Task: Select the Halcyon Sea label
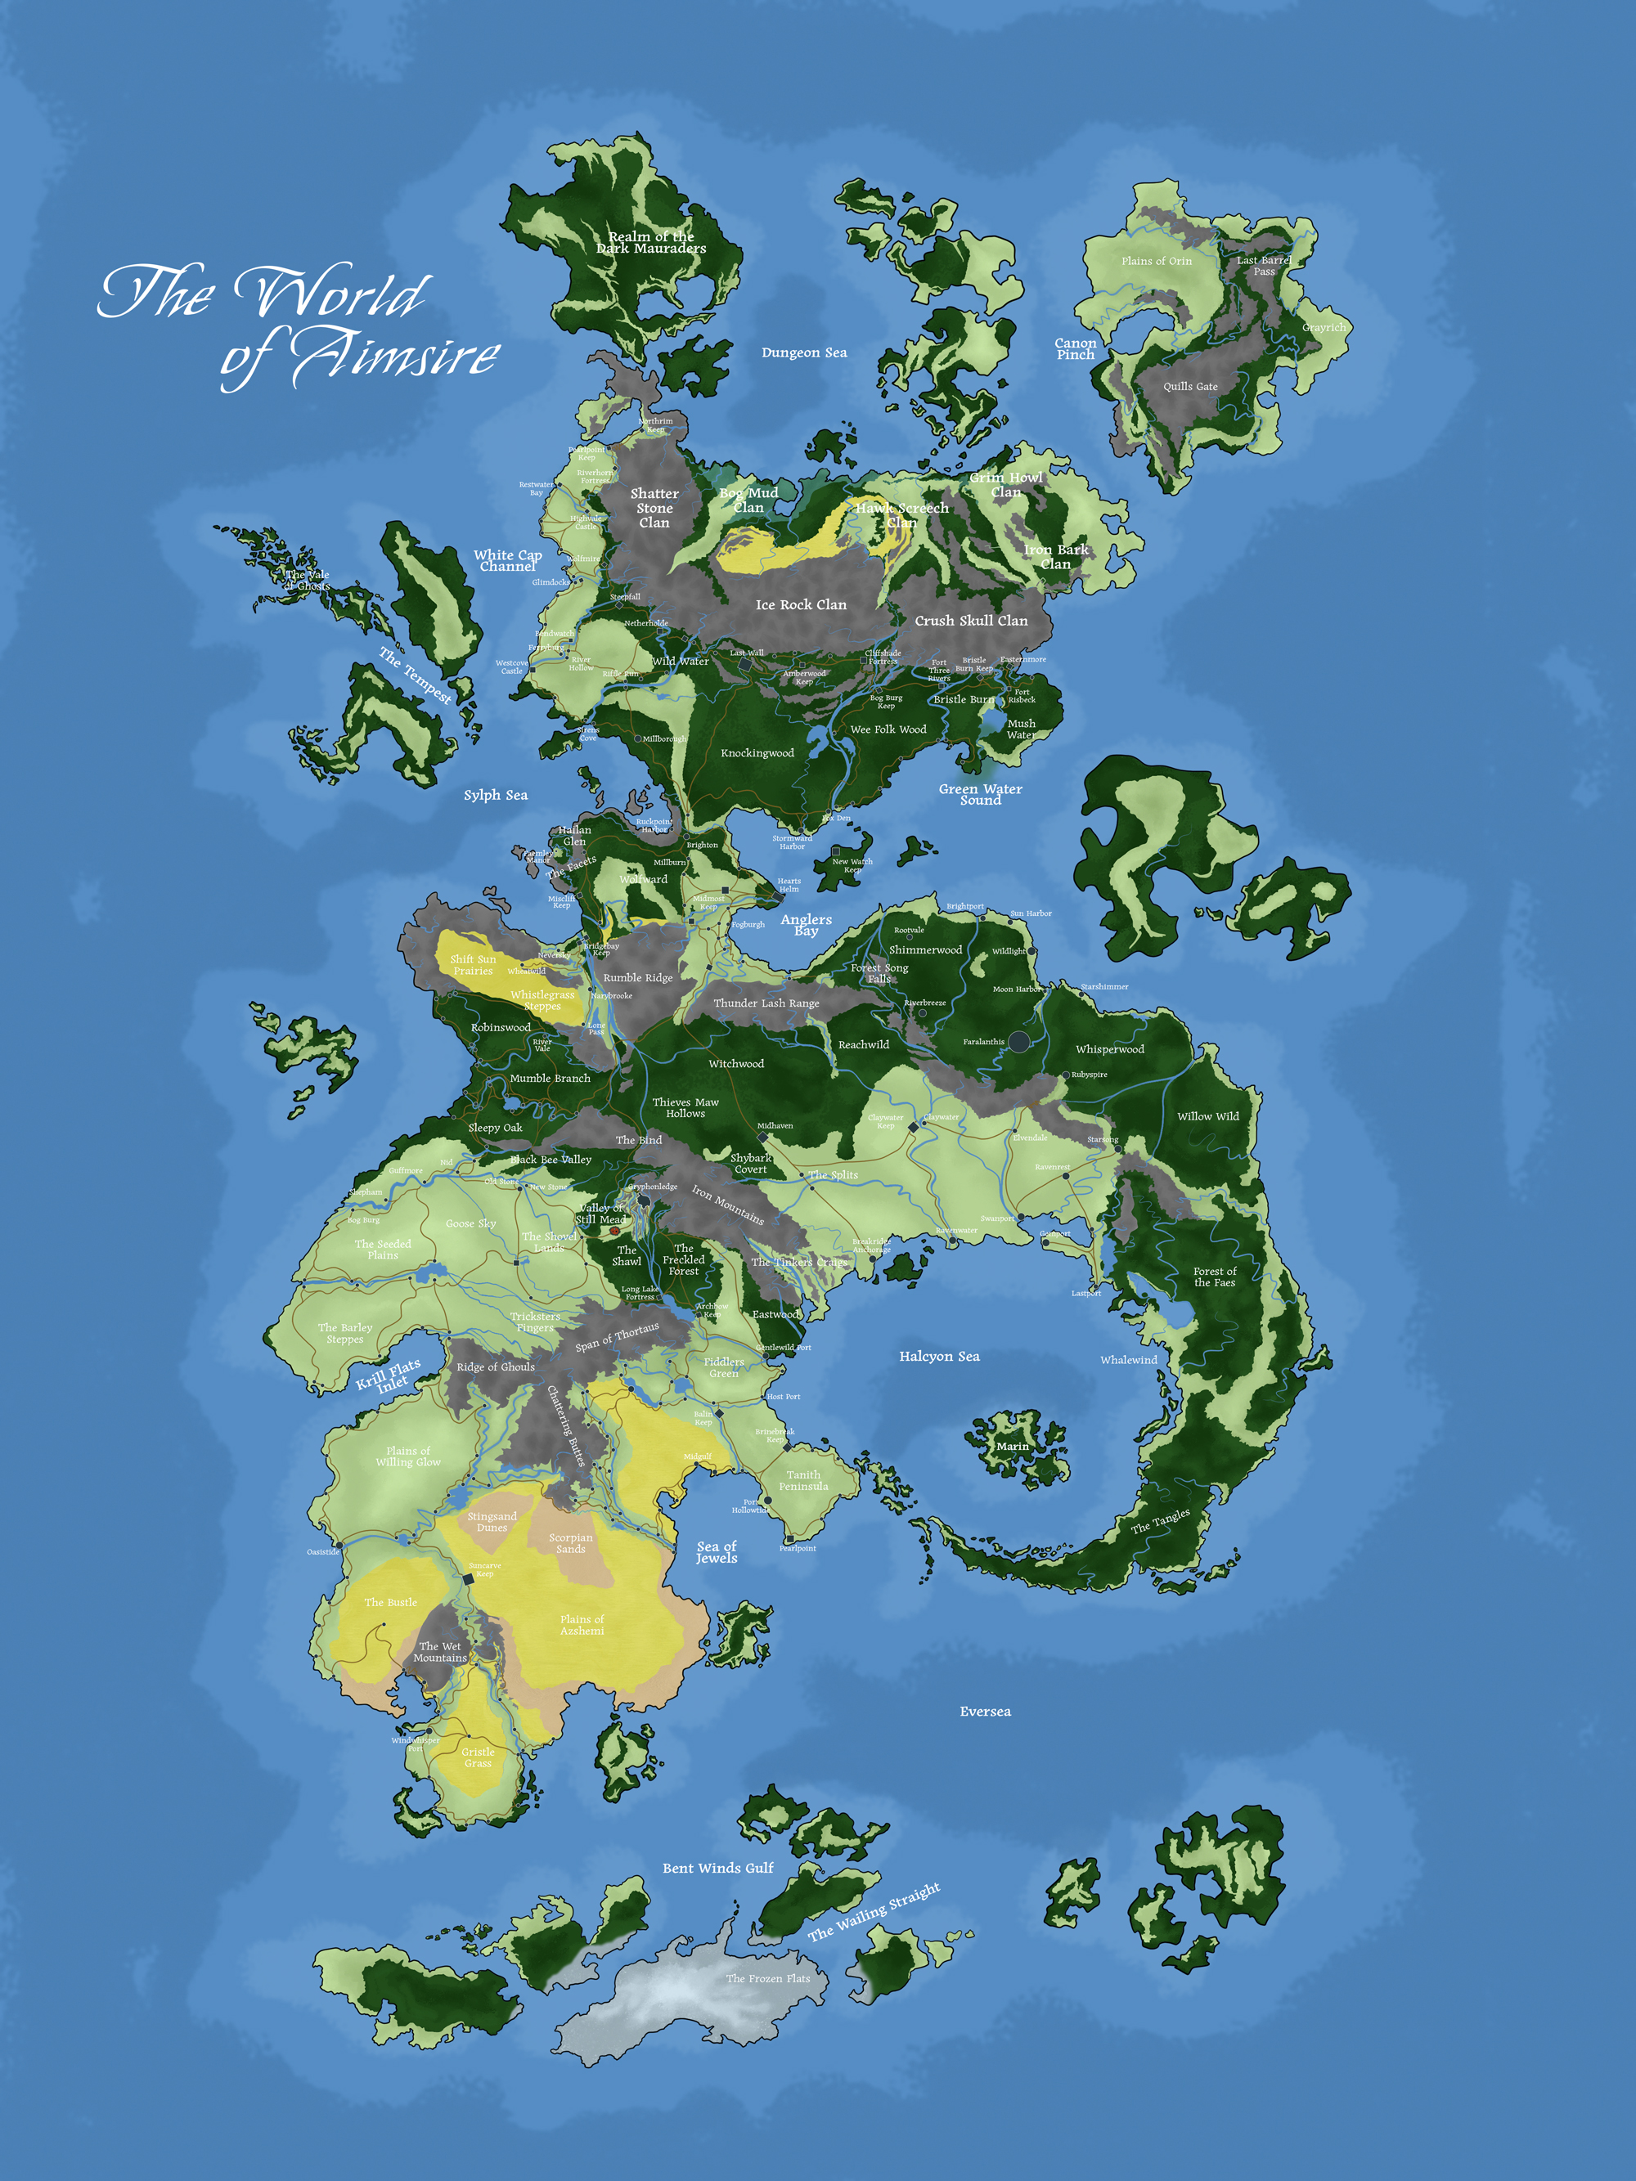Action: [939, 1357]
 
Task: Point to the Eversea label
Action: [985, 1712]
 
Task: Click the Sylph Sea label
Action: [495, 795]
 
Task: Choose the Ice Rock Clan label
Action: [801, 605]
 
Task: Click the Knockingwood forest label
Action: [757, 753]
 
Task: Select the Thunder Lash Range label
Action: [766, 1003]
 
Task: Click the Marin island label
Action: [1012, 1447]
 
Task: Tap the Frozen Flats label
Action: [767, 1978]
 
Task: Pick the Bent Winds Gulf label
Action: [718, 1869]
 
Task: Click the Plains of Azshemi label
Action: [582, 1625]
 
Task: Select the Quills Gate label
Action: [1189, 387]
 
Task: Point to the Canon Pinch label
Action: [1075, 349]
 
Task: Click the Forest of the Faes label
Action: [1214, 1277]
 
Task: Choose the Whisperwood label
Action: [1109, 1050]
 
